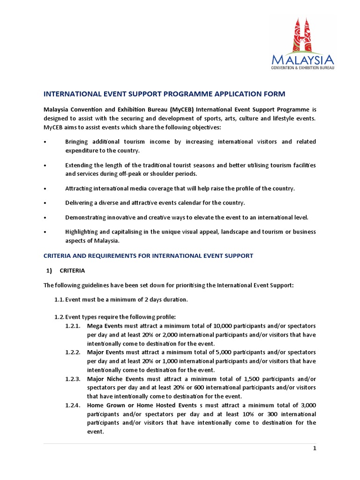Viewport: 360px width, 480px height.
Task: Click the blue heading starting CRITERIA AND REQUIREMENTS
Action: (148, 255)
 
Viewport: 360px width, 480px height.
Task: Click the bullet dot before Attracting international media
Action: (45, 188)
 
